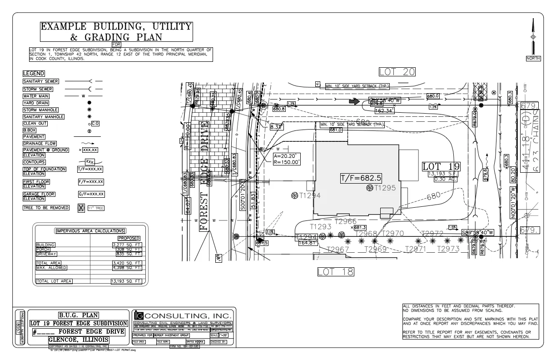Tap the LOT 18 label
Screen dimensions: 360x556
[x=335, y=272]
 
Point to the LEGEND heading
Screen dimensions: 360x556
[x=34, y=73]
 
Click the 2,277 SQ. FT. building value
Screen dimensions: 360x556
[x=127, y=245]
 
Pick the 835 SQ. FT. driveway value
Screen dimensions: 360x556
[x=127, y=254]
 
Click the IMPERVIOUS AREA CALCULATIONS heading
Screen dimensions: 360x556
[x=90, y=230]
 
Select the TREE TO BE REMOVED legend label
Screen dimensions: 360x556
[x=46, y=208]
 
